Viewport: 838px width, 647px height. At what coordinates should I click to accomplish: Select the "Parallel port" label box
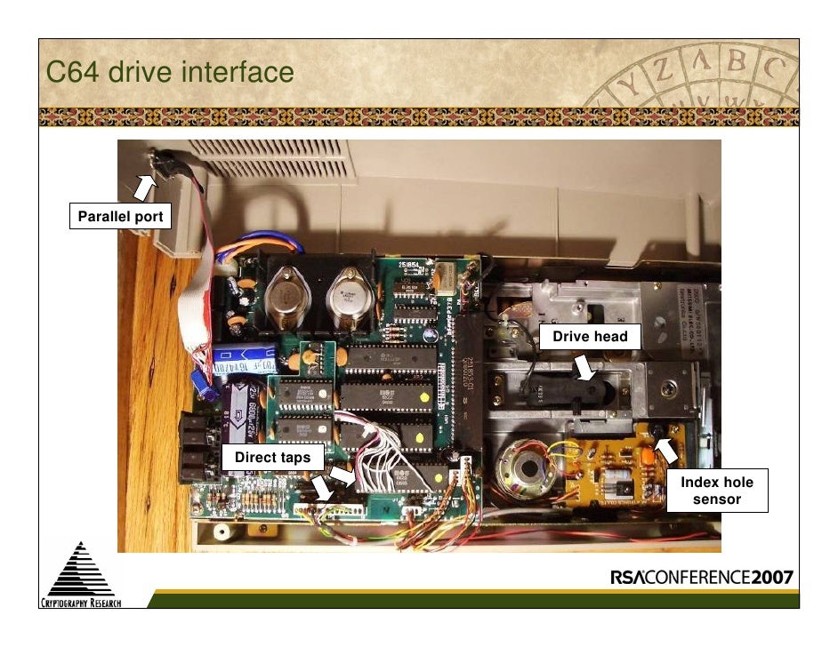119,216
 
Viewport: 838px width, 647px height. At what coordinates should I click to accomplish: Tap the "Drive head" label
590,336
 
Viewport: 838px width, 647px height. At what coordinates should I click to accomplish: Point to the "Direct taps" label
272,457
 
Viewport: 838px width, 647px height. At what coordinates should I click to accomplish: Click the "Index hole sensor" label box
716,491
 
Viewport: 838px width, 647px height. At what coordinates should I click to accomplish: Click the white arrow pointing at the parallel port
142,187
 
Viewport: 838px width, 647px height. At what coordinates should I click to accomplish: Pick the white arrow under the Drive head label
585,368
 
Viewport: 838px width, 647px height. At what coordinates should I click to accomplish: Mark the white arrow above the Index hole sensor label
665,451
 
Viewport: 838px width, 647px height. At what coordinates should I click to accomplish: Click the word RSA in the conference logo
633,578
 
